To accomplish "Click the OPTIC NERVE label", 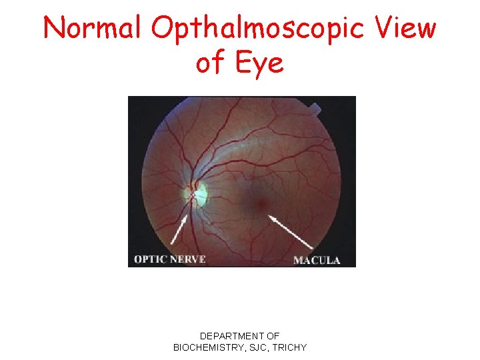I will point(170,259).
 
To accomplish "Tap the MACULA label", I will point(317,259).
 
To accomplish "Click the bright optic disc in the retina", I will point(197,193).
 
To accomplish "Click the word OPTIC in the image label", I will point(151,259).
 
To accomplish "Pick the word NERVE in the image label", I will point(187,259).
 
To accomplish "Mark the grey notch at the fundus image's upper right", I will point(318,107).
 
